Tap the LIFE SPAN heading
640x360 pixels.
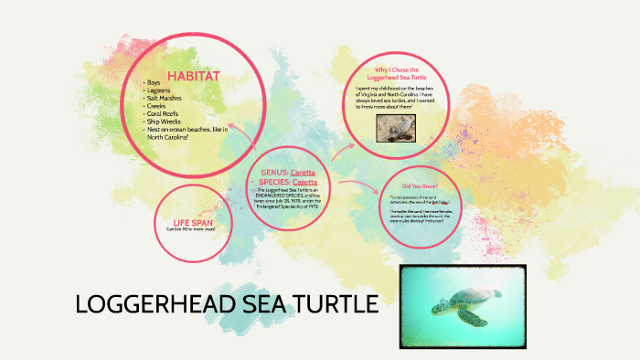(x=193, y=222)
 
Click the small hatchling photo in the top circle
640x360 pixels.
(x=397, y=129)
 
